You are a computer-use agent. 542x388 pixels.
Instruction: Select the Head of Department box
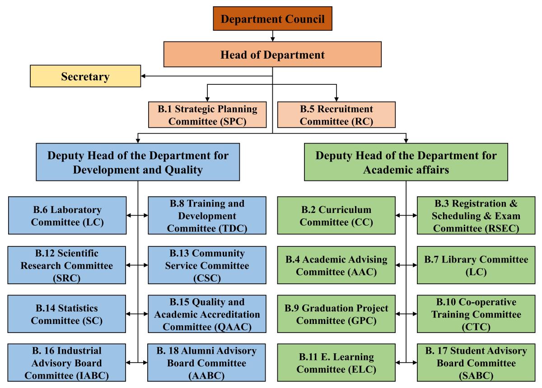(272, 55)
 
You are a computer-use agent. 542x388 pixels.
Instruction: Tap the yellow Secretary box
(85, 76)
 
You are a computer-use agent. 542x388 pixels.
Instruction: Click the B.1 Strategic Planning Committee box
(207, 115)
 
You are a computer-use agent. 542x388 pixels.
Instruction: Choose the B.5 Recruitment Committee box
(336, 115)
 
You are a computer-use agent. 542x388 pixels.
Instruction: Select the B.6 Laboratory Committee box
(67, 215)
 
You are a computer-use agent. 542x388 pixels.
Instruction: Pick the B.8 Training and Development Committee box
(207, 215)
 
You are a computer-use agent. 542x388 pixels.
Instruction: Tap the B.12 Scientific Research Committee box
(67, 265)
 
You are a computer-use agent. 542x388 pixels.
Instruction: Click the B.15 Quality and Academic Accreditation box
(207, 314)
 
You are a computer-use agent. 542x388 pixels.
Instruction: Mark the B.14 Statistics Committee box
(67, 314)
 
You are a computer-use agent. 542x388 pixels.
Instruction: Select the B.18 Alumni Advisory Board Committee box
(207, 363)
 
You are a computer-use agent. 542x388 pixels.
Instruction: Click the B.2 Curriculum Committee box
(336, 215)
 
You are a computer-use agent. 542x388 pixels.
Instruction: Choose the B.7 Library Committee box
(475, 265)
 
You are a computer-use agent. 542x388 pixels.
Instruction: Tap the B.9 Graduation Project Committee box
(336, 314)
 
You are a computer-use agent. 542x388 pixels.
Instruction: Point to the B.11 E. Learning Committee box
(336, 363)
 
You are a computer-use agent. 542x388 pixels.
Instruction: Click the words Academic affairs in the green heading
(406, 170)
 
